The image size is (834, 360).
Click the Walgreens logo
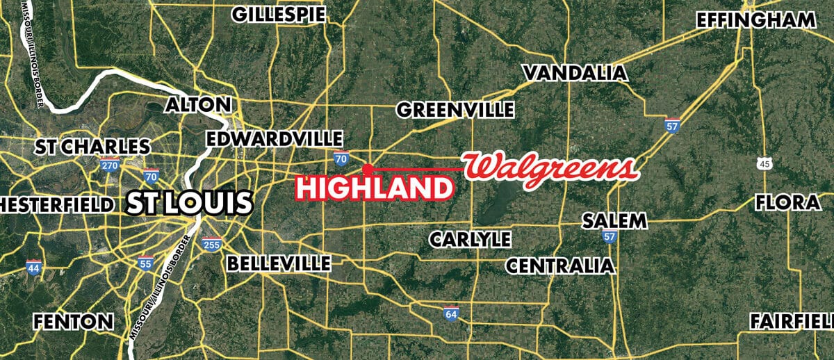[550, 168]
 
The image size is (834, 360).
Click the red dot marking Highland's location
[367, 167]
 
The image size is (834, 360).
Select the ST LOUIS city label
[188, 204]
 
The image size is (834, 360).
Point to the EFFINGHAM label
[755, 20]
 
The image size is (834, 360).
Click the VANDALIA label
[575, 72]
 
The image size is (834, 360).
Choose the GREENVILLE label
[455, 109]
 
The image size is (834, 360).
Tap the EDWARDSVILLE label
[275, 138]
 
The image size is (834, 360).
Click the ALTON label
[198, 105]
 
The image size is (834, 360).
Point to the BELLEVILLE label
[279, 263]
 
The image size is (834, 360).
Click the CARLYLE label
[470, 239]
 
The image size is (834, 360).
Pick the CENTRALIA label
[560, 265]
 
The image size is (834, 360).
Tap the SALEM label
[614, 221]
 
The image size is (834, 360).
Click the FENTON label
[74, 322]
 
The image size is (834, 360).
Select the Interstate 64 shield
[452, 314]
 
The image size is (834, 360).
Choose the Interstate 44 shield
[33, 267]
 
